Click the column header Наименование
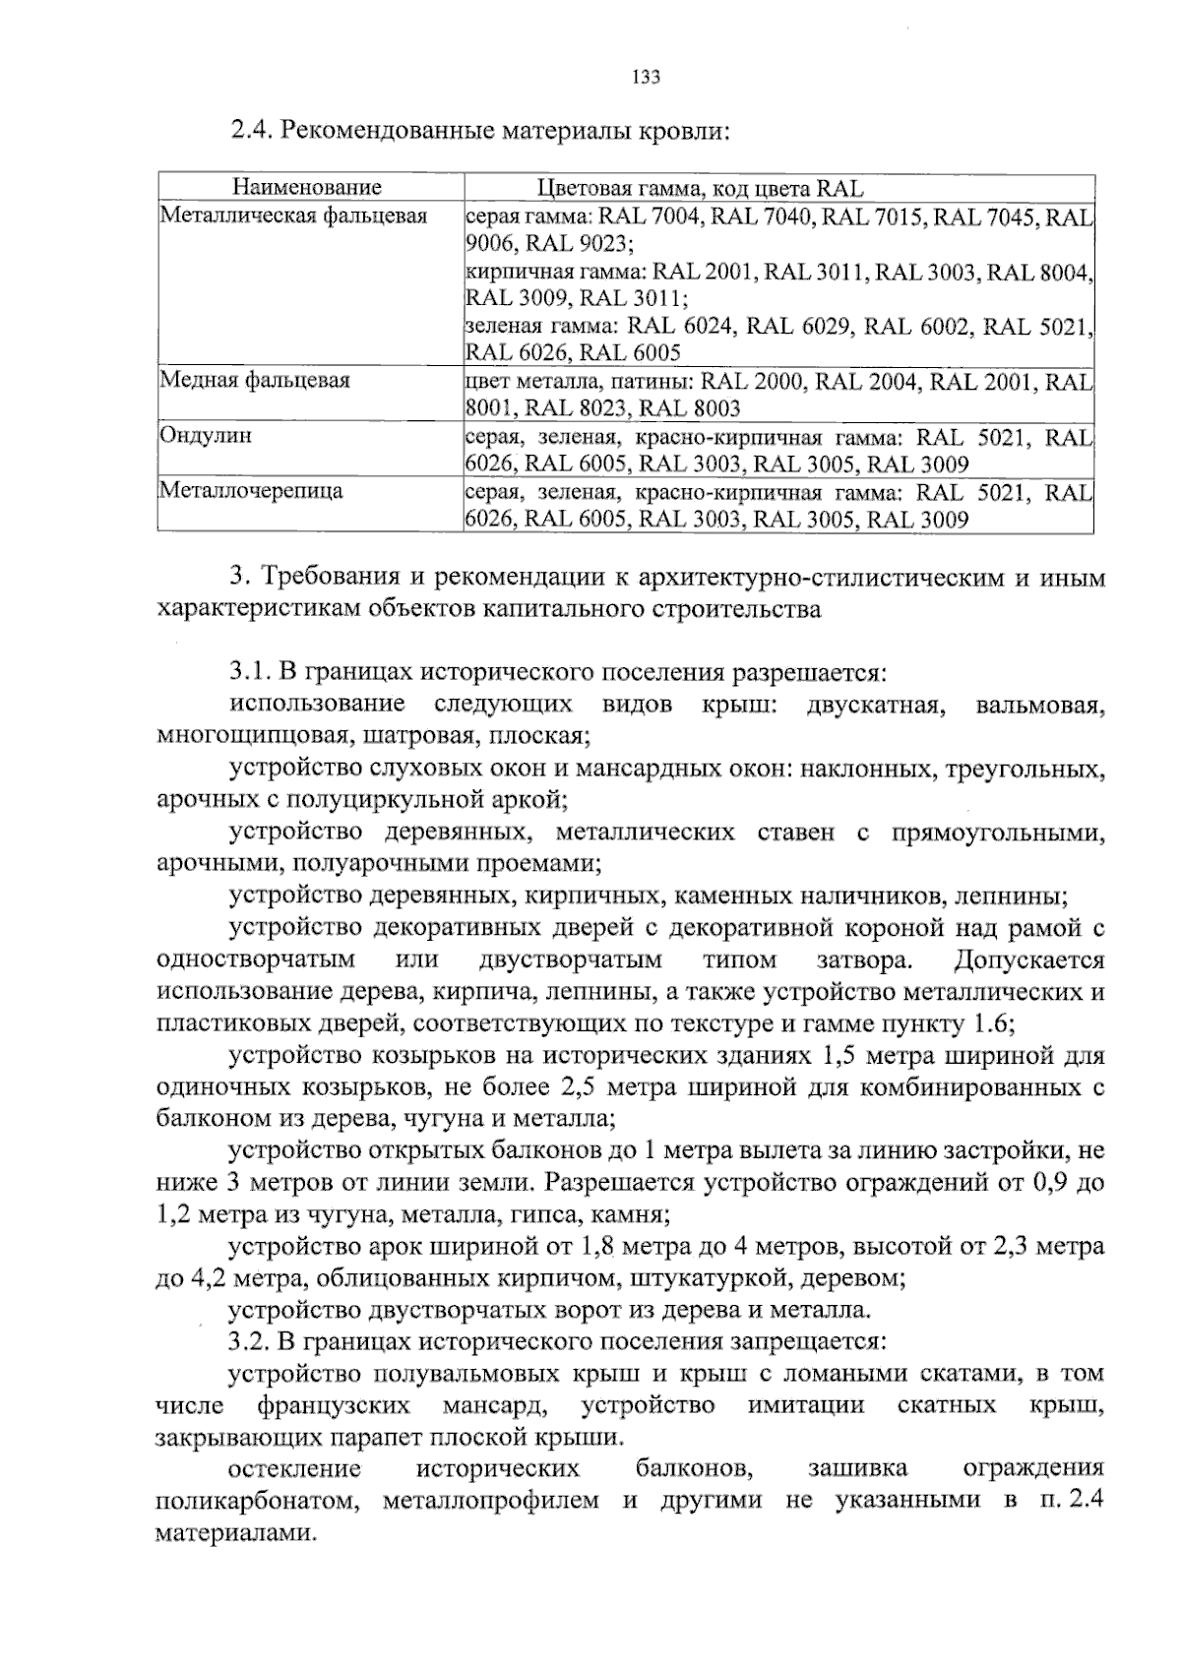(307, 187)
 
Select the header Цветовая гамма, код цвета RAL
(700, 188)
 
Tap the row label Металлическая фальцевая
(293, 216)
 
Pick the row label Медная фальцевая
(255, 380)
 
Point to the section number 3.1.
(250, 673)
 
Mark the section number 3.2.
(250, 1341)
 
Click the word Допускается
(1029, 959)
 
